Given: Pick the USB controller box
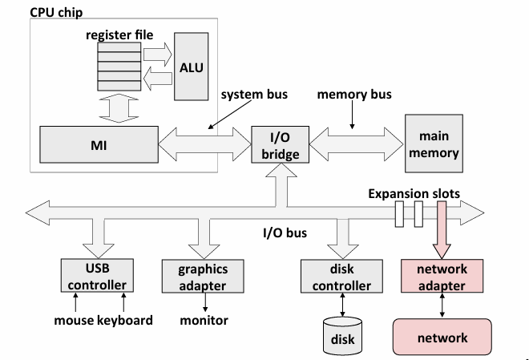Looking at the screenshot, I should click(x=96, y=275).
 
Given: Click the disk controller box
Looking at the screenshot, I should click(x=339, y=277).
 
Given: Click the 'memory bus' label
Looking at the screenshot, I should click(x=353, y=95).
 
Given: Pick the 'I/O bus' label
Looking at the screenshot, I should click(x=285, y=234).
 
